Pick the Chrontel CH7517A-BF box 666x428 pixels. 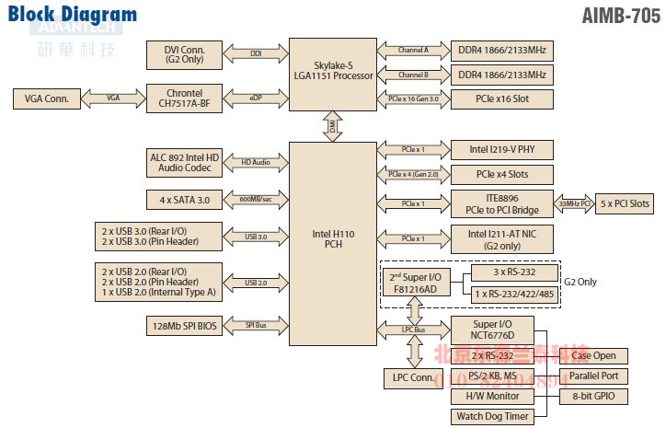pyautogui.click(x=185, y=98)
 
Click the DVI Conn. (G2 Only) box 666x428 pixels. pyautogui.click(x=185, y=53)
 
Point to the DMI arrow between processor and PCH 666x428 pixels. pyautogui.click(x=333, y=127)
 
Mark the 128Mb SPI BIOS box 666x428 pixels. pyautogui.click(x=185, y=326)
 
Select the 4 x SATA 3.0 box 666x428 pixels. pyautogui.click(x=185, y=199)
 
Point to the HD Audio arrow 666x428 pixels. pyautogui.click(x=257, y=163)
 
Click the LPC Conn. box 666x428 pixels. pyautogui.click(x=412, y=377)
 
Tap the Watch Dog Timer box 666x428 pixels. pyautogui.click(x=493, y=417)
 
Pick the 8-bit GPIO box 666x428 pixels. pyautogui.click(x=593, y=397)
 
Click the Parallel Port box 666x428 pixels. pyautogui.click(x=593, y=376)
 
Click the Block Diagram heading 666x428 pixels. pyautogui.click(x=73, y=15)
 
